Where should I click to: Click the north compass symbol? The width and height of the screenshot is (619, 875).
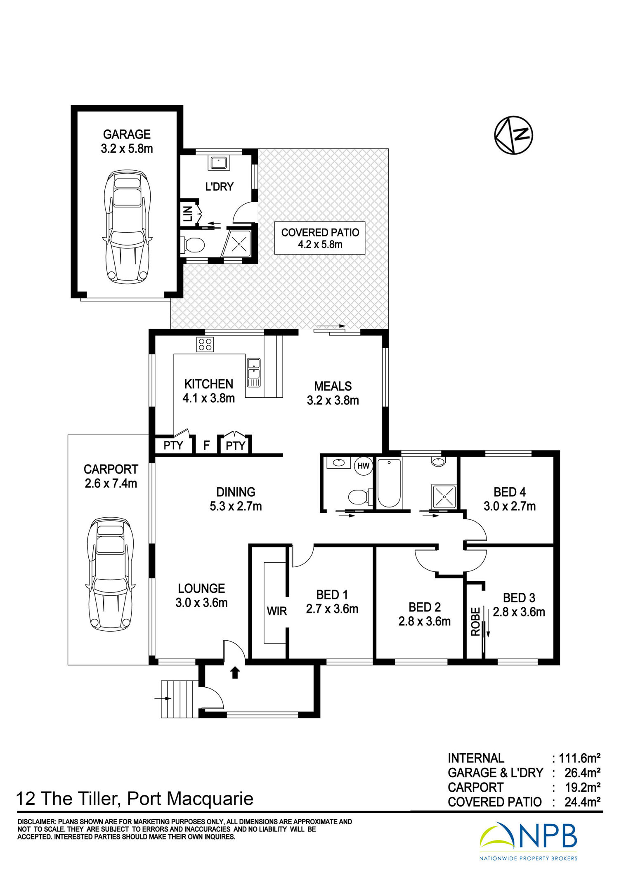513,135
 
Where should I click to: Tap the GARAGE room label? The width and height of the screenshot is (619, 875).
127,134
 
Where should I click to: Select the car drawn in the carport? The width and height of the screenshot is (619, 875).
110,574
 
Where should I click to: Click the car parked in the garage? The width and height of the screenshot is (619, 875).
127,226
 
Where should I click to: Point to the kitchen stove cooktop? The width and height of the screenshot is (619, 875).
205,344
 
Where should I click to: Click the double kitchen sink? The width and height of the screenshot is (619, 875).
253,373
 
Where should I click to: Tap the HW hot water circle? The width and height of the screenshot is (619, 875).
363,466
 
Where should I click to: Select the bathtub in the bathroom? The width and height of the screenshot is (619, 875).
389,483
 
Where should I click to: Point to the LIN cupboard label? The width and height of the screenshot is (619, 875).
188,214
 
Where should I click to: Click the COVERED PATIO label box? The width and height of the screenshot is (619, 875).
320,238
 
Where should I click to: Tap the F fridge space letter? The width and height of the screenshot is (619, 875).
206,445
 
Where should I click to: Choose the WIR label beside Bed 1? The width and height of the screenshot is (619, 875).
276,611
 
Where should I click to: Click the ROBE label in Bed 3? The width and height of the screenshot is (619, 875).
475,621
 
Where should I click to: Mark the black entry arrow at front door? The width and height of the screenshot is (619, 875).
235,672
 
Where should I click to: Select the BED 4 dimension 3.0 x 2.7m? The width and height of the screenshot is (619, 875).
510,506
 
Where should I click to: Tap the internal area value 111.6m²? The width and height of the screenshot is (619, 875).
579,758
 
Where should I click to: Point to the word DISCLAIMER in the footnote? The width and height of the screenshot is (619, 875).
36,822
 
